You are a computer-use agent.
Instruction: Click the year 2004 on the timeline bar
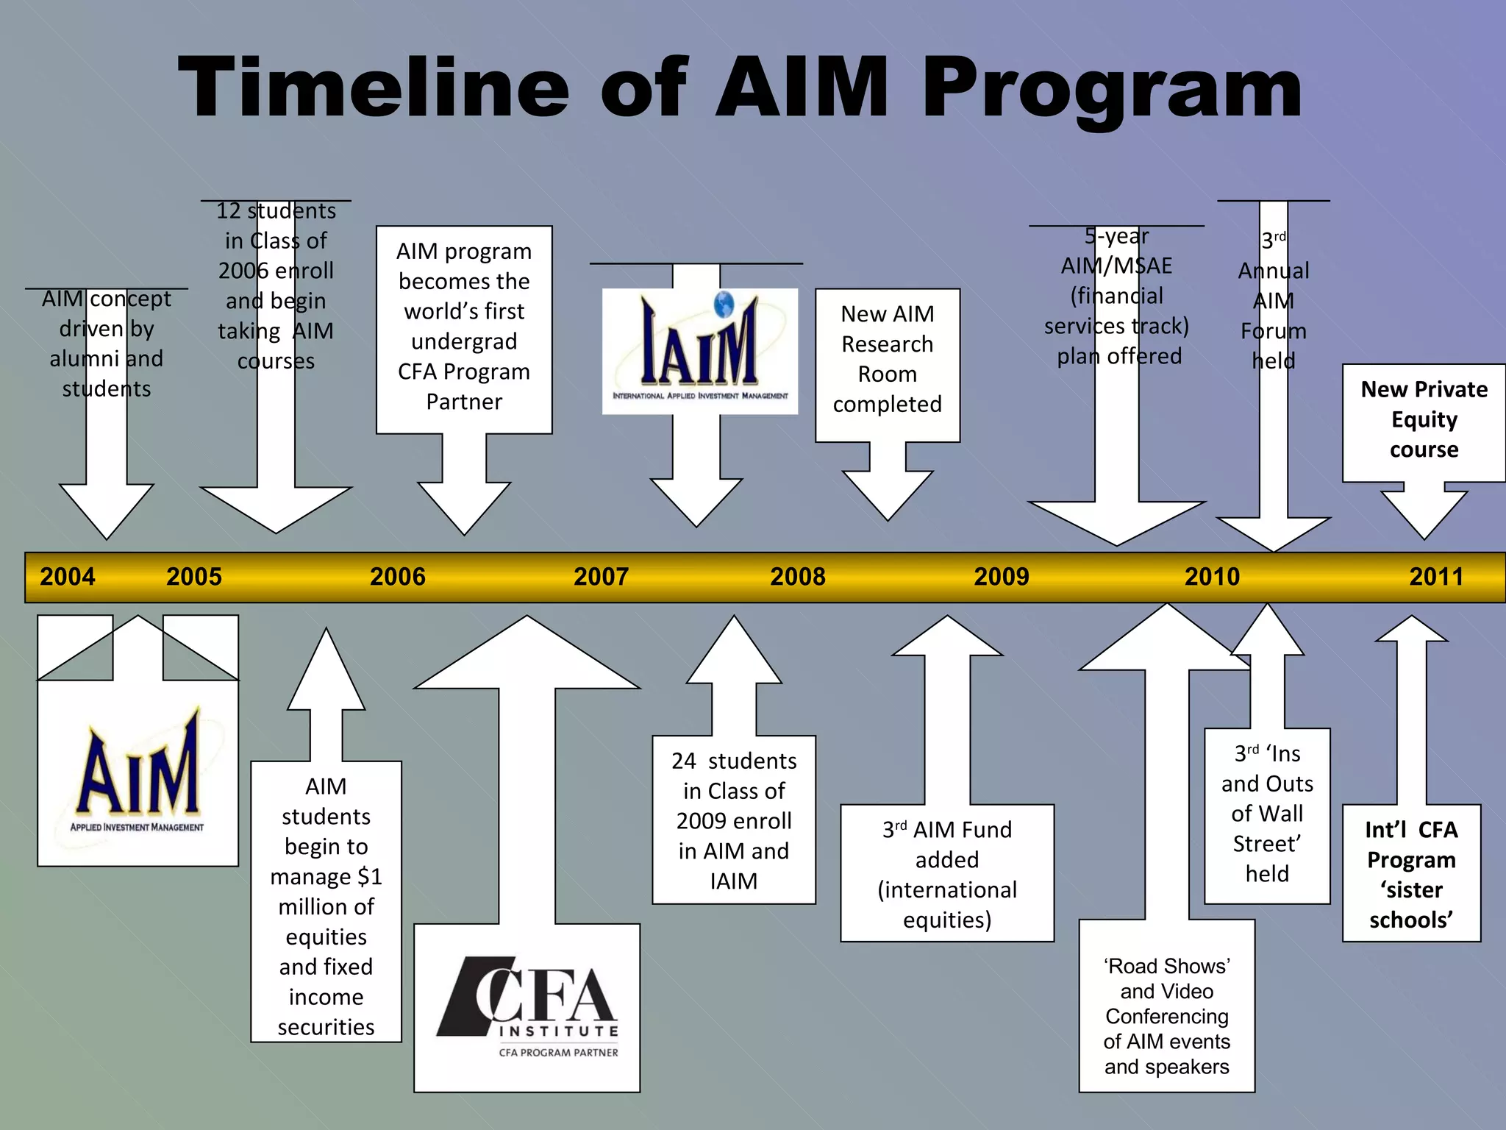click(68, 576)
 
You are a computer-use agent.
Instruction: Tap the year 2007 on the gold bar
click(601, 576)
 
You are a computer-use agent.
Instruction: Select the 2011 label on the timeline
click(1435, 576)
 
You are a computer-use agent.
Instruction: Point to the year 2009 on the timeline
click(1001, 576)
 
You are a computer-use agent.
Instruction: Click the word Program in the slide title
click(1111, 88)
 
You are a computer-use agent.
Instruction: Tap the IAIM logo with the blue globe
click(699, 351)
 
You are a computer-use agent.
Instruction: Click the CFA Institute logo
click(527, 1007)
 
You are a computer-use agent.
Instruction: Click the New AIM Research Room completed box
click(887, 359)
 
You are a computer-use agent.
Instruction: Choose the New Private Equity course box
click(1423, 419)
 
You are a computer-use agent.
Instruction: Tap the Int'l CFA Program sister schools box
click(1410, 874)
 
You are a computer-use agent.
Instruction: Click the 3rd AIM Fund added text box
click(946, 874)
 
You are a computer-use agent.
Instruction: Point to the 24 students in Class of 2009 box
click(733, 820)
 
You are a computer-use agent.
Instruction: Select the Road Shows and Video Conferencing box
click(1166, 1015)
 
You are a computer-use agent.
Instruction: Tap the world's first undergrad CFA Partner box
click(464, 327)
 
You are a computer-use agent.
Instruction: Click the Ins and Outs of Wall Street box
click(1266, 814)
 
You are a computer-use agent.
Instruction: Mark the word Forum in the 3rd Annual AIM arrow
click(1273, 331)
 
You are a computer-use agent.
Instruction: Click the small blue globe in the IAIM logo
click(724, 303)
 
